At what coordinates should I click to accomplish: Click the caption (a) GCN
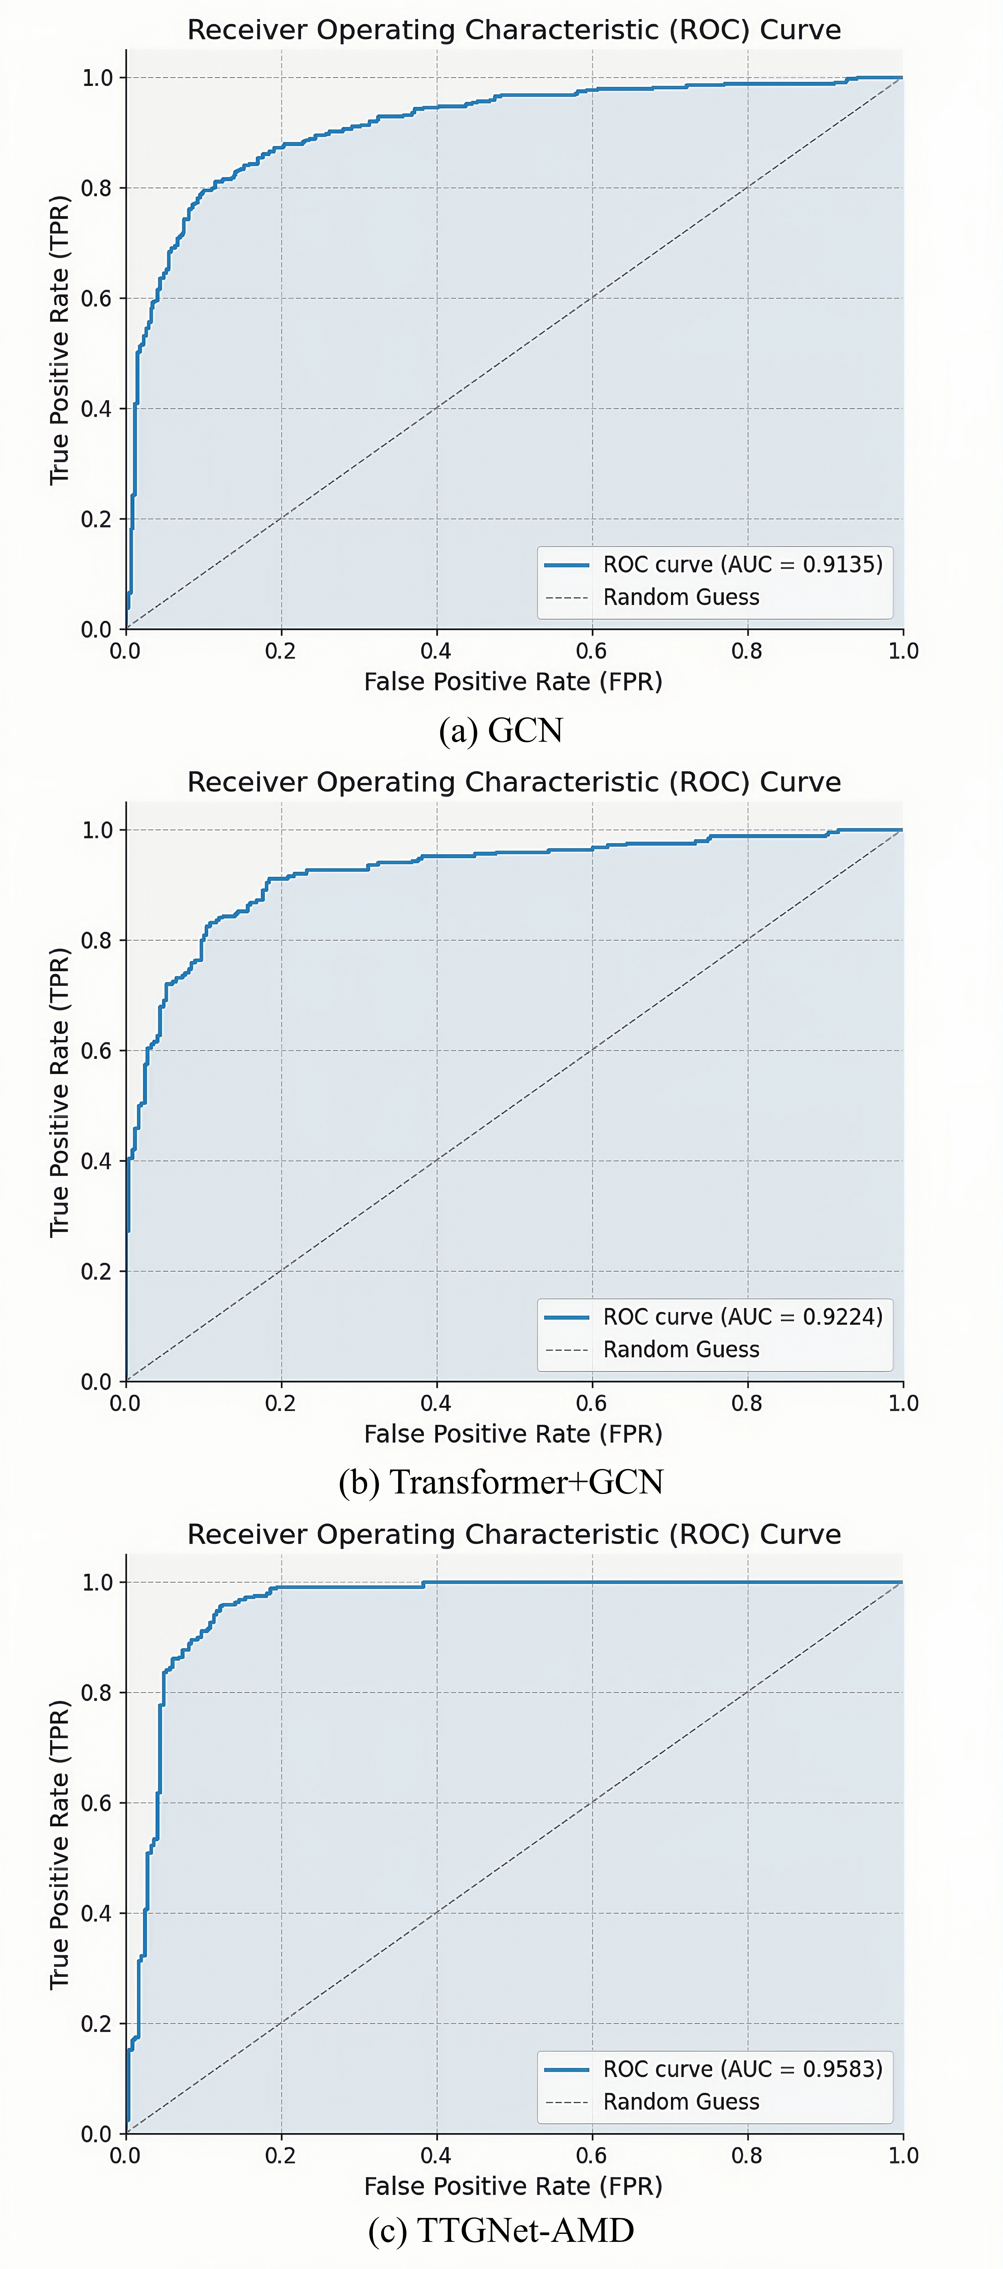click(500, 730)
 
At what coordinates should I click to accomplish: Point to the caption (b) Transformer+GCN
click(500, 1483)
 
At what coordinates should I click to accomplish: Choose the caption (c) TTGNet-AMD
click(500, 2230)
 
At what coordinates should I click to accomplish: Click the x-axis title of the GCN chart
click(514, 682)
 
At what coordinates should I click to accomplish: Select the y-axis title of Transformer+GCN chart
click(59, 1092)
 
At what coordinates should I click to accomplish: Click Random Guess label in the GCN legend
click(681, 597)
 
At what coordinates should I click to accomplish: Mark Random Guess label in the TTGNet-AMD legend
click(681, 2101)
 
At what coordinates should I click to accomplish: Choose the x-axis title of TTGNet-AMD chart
click(514, 2186)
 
